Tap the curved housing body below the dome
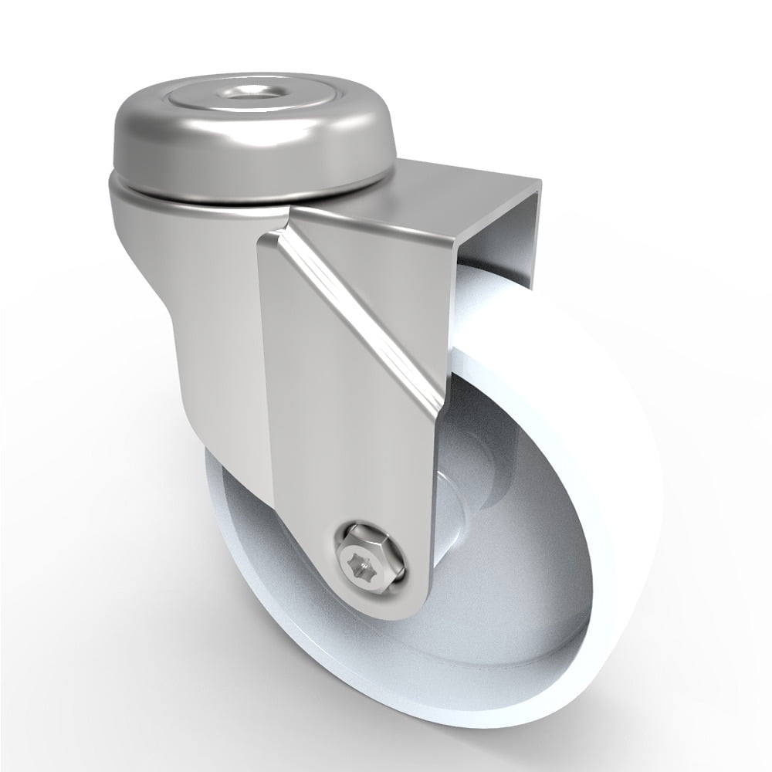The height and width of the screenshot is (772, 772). [193, 309]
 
